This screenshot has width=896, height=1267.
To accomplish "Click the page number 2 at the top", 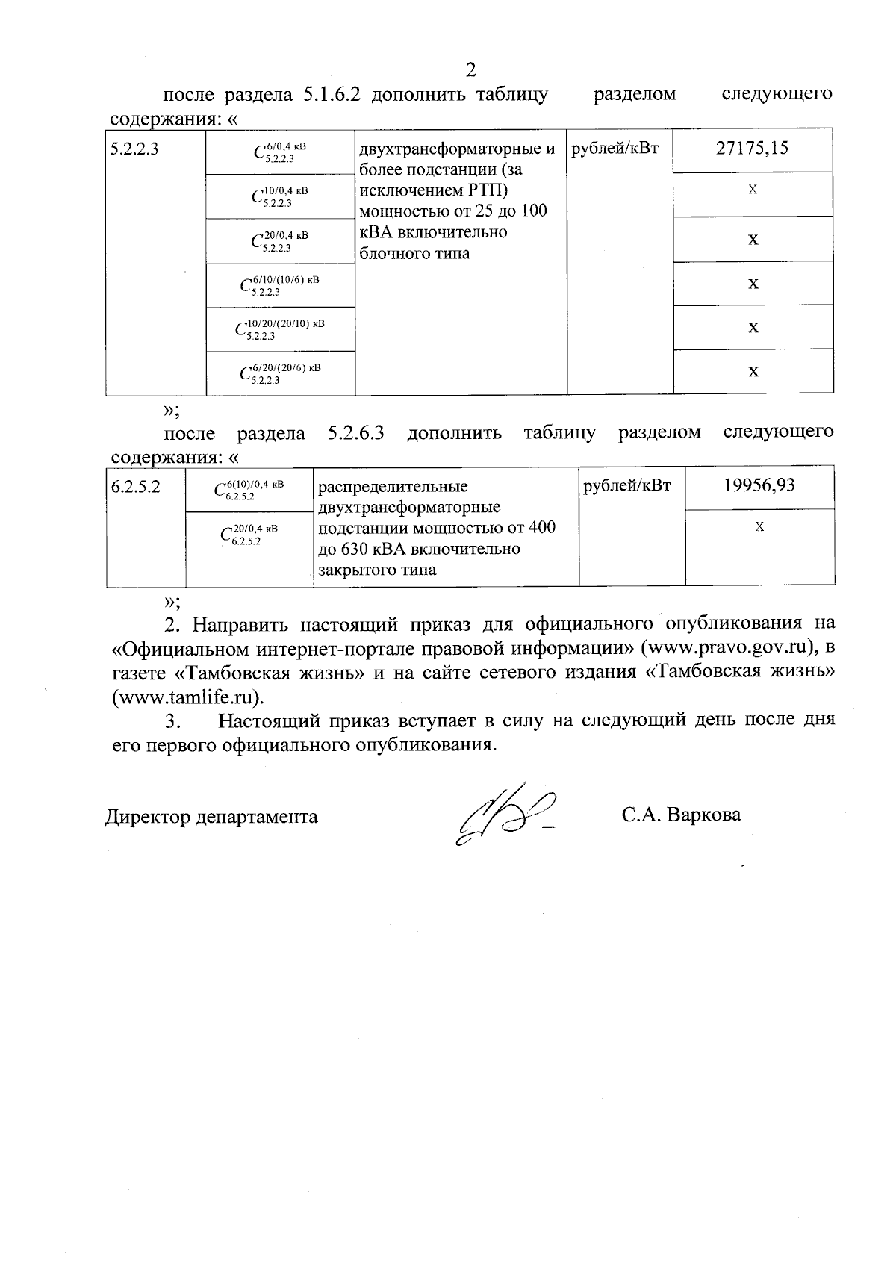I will click(470, 70).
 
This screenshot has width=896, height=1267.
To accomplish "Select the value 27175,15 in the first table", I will click(752, 148).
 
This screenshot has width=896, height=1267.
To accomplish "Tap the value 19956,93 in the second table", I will click(759, 485).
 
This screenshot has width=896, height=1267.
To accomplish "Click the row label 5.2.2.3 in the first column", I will click(135, 149).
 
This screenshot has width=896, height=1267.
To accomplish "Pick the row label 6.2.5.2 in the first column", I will click(136, 487).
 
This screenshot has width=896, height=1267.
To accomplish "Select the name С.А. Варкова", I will click(681, 814).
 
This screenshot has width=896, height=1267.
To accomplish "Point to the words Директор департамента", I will click(211, 816).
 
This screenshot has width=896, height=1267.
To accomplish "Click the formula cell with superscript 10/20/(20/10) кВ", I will click(280, 329).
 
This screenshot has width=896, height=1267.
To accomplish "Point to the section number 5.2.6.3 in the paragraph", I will click(355, 433).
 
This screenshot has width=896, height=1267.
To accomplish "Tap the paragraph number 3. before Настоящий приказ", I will click(173, 721).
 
